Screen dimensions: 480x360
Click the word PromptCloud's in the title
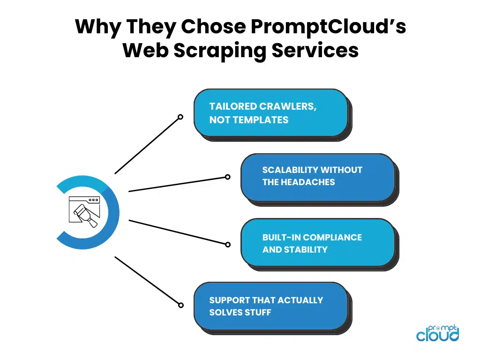[329, 27]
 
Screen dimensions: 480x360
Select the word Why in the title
[98, 27]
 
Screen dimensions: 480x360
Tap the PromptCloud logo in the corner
[437, 333]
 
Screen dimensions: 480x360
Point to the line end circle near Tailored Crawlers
[180, 117]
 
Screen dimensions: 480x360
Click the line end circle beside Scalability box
[227, 177]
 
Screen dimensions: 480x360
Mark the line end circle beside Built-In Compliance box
[228, 245]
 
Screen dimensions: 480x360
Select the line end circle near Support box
[181, 305]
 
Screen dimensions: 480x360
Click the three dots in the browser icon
[93, 200]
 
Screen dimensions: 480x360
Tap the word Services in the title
[315, 50]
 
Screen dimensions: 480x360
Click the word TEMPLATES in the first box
[261, 120]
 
